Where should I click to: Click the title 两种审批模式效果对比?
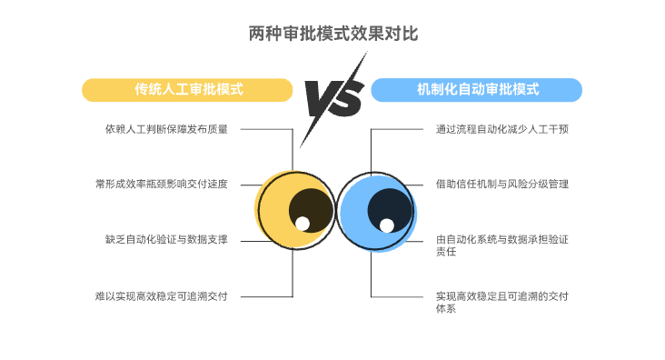pyautogui.click(x=332, y=34)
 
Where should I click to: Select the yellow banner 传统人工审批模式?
pyautogui.click(x=188, y=90)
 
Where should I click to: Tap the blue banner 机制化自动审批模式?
pyautogui.click(x=477, y=90)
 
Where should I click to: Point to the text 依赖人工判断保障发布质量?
pyautogui.click(x=165, y=129)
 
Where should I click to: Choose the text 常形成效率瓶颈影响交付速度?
pyautogui.click(x=160, y=184)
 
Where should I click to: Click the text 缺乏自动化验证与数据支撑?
pyautogui.click(x=165, y=240)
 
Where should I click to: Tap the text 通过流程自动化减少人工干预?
pyautogui.click(x=501, y=129)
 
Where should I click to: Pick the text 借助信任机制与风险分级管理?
pyautogui.click(x=501, y=184)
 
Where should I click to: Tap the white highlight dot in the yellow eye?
pyautogui.click(x=303, y=224)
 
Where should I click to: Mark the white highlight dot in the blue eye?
pyautogui.click(x=387, y=225)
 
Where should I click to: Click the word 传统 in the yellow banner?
pyautogui.click(x=149, y=90)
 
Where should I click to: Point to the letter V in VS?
pyautogui.click(x=321, y=100)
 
